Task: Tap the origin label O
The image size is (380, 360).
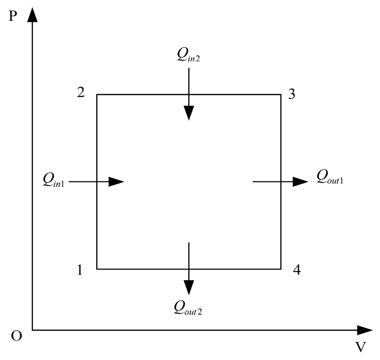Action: (16, 336)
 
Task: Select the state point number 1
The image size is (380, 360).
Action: (80, 270)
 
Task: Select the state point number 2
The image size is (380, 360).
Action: (81, 93)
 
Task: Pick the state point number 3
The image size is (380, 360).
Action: (292, 94)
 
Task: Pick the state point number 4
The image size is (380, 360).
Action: (296, 270)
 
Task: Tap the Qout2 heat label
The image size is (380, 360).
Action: (189, 307)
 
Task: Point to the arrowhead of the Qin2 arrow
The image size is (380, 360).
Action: (189, 113)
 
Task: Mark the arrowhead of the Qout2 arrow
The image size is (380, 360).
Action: (189, 287)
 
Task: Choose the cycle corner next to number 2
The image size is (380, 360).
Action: (97, 95)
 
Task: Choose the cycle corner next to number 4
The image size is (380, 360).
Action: (281, 269)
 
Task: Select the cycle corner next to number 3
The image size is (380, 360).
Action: (281, 95)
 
